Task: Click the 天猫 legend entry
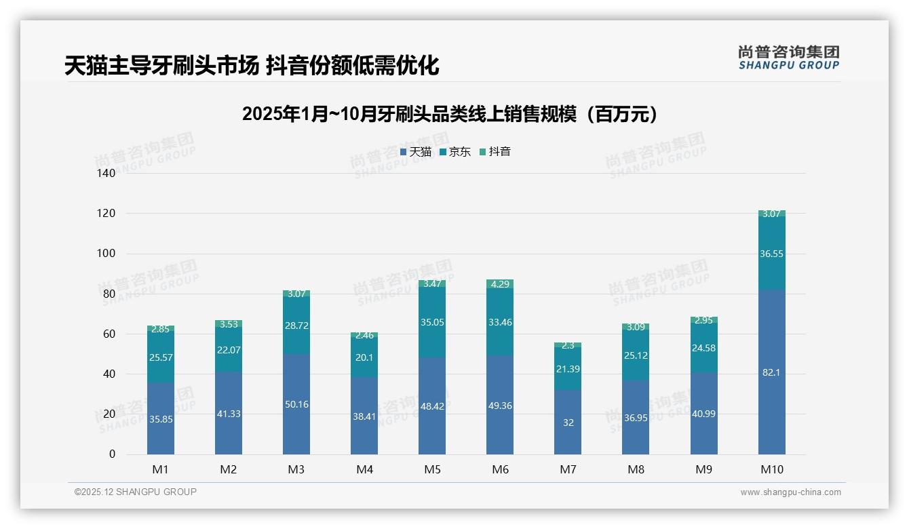[416, 152]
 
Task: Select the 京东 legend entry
[455, 152]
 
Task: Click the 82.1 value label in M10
[771, 372]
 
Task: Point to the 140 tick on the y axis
[107, 174]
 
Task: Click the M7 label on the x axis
[568, 470]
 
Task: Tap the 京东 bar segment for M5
[432, 322]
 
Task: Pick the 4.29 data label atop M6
[500, 284]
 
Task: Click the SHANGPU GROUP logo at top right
[788, 58]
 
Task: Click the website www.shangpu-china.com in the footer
[790, 492]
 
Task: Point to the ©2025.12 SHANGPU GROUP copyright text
[135, 492]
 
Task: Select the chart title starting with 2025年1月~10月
[450, 115]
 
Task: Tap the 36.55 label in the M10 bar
[771, 253]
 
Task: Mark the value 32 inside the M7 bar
[568, 423]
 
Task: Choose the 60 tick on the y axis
[109, 334]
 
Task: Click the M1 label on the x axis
[161, 470]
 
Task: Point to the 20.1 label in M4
[364, 357]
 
